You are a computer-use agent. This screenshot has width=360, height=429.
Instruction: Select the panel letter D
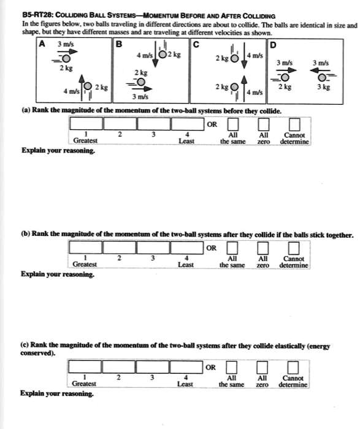[x=273, y=44]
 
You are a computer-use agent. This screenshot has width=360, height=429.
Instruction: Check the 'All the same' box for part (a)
[x=232, y=124]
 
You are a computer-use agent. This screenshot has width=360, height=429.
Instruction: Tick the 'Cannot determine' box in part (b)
[x=294, y=248]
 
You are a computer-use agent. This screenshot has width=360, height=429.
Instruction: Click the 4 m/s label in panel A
[x=64, y=93]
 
